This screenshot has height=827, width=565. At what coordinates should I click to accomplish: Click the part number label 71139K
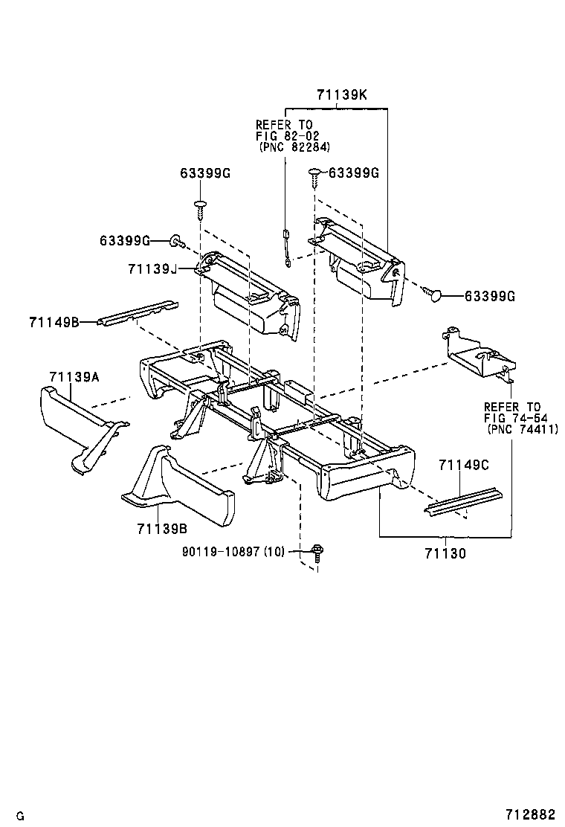(x=341, y=95)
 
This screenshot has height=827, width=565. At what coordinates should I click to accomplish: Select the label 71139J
(x=152, y=269)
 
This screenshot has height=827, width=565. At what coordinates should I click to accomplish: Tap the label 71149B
(x=54, y=322)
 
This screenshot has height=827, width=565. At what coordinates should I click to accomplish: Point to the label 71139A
(x=74, y=377)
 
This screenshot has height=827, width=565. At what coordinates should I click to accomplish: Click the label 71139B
(x=162, y=529)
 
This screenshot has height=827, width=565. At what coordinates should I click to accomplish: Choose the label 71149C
(x=464, y=465)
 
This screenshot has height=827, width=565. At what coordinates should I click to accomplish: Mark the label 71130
(x=445, y=554)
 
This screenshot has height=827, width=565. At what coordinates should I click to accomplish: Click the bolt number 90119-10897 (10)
(x=233, y=552)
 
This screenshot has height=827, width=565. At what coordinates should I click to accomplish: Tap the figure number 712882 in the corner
(x=530, y=815)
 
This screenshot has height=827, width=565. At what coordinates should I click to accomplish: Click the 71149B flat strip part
(x=138, y=313)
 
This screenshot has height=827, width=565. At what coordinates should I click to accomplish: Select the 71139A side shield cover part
(x=82, y=425)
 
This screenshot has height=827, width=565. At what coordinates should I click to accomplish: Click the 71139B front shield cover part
(x=177, y=486)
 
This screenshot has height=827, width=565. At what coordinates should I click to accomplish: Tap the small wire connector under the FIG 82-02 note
(x=287, y=248)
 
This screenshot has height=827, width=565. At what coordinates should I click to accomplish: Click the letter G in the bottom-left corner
(x=21, y=817)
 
